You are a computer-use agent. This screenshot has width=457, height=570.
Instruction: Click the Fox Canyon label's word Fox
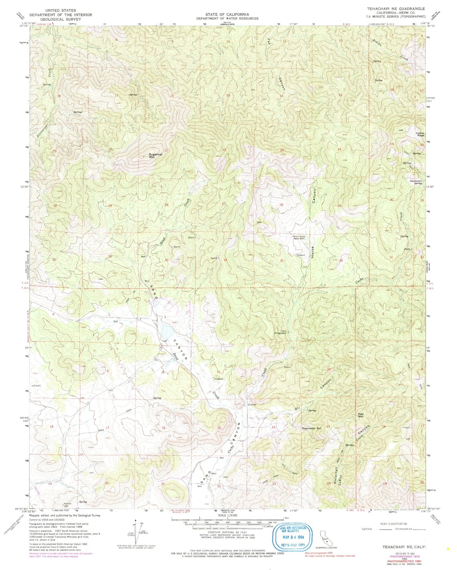[269, 42]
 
